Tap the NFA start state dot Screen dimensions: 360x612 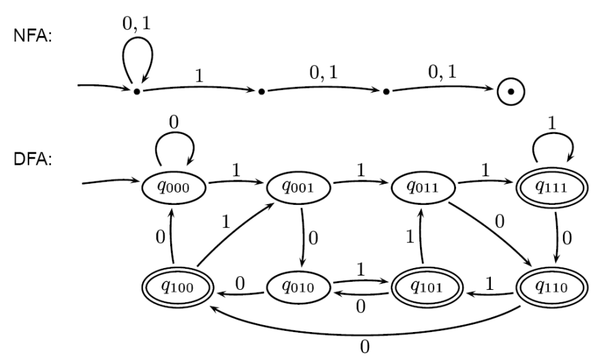point(137,91)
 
